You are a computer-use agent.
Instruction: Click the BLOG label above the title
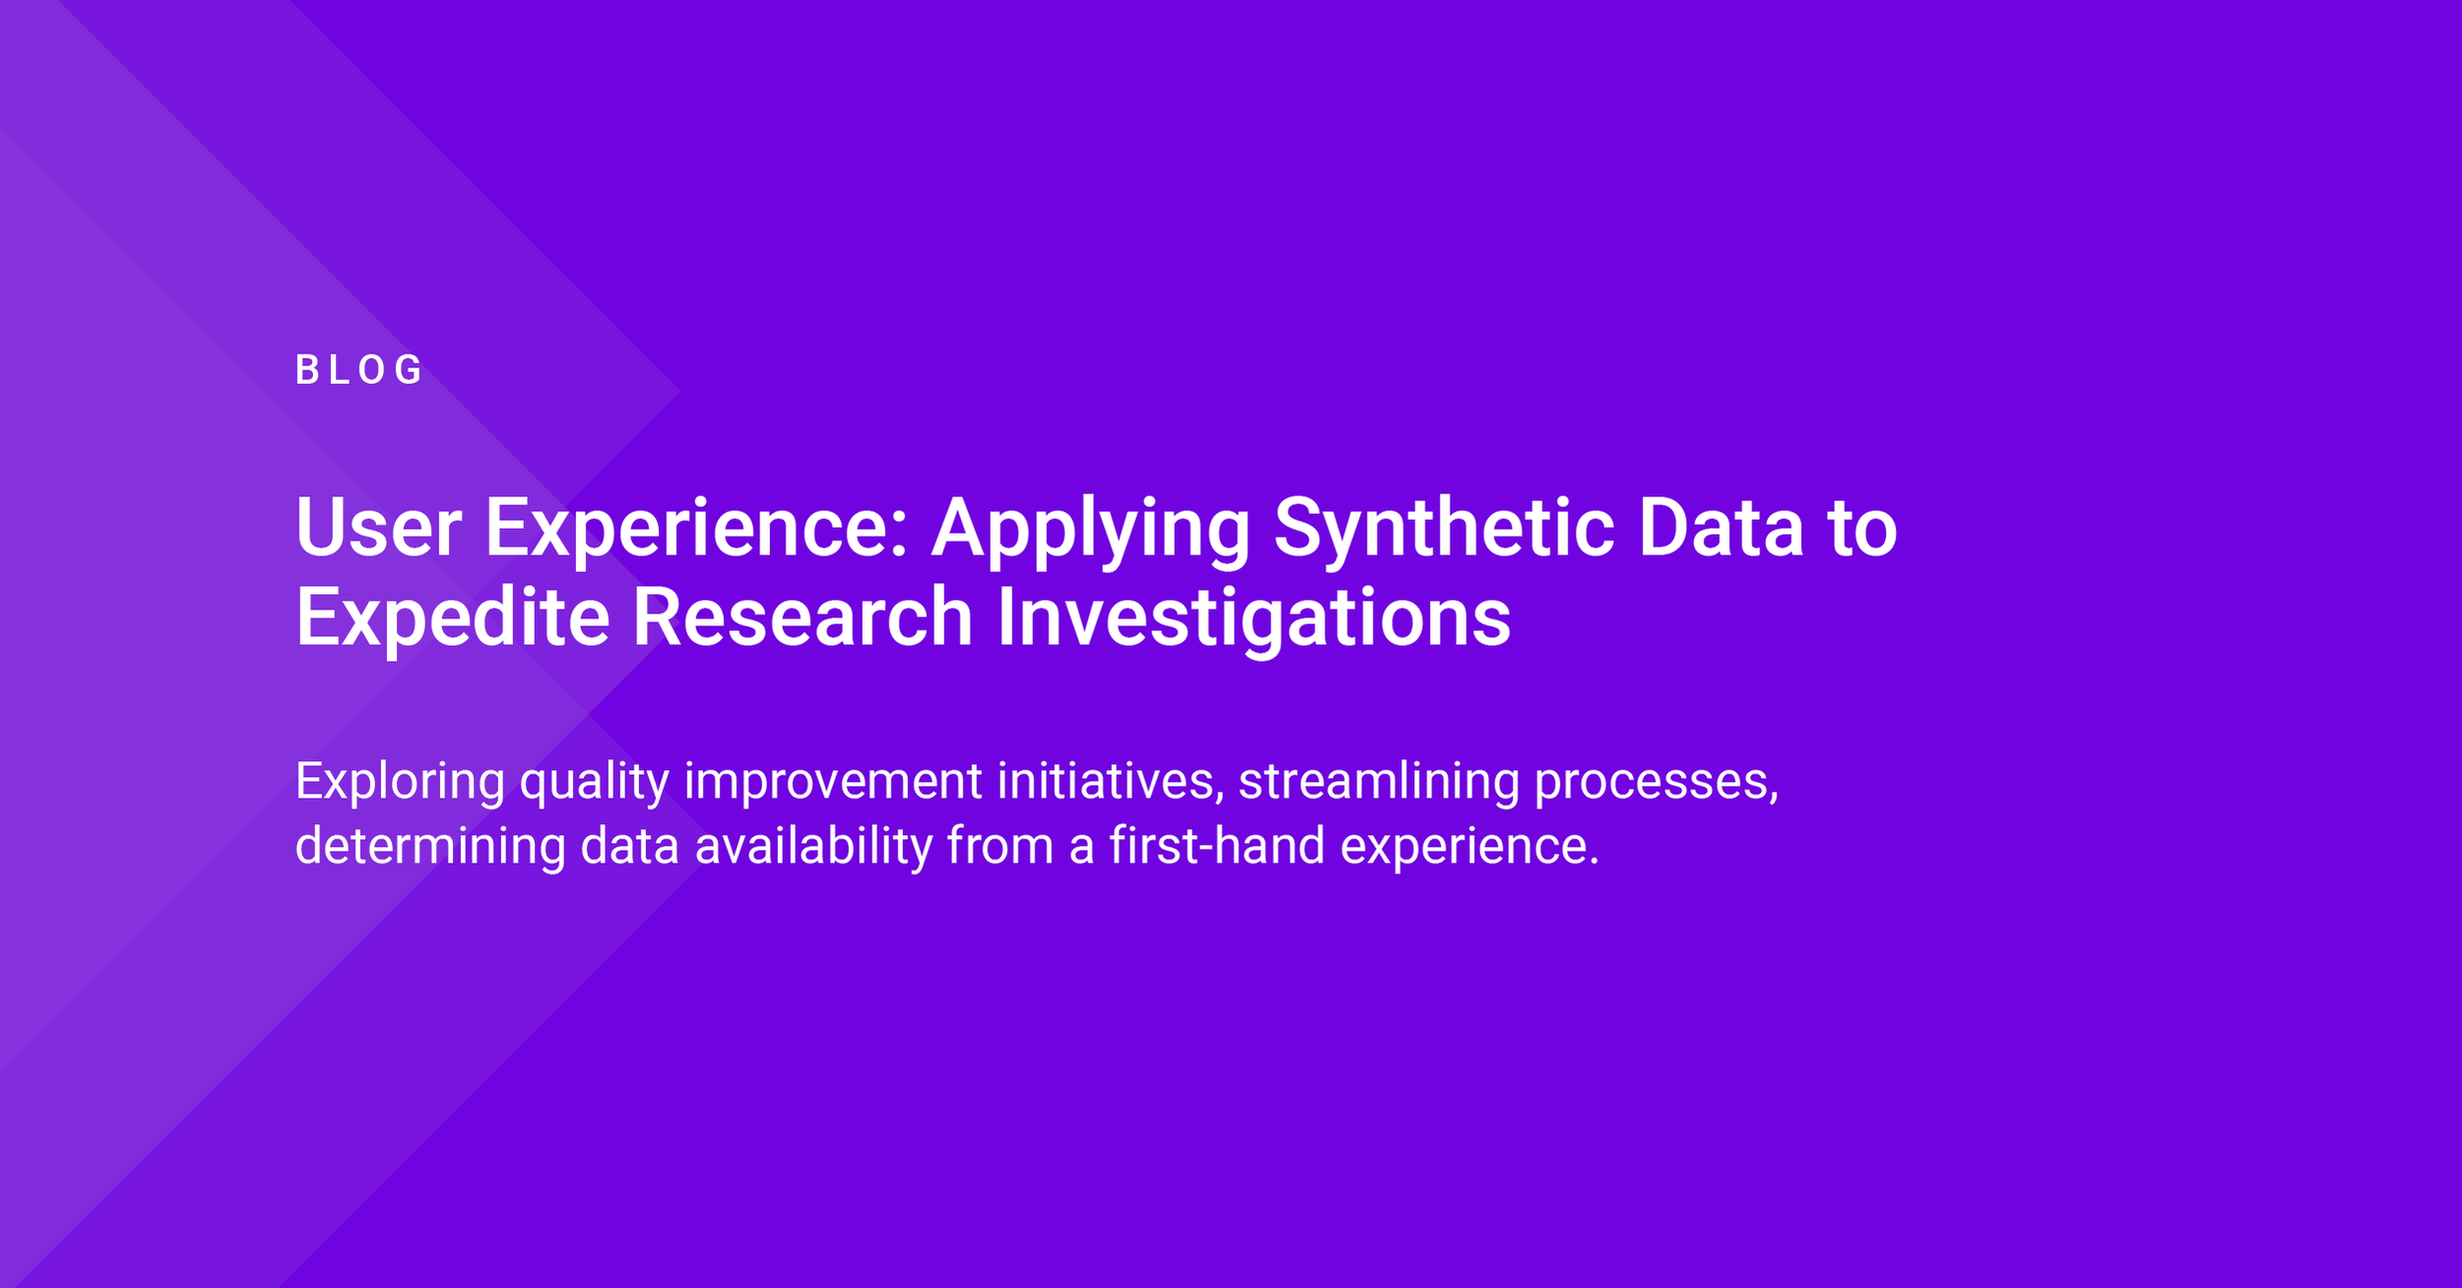tap(358, 370)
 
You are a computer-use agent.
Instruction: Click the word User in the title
tap(378, 529)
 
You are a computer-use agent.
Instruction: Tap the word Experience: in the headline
tap(696, 529)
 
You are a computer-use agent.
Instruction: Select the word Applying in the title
tap(1090, 529)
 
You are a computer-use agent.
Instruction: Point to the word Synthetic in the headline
tap(1444, 529)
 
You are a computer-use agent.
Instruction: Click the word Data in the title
tap(1720, 529)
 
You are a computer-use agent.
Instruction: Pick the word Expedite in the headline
tap(452, 617)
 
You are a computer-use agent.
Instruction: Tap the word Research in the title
tap(803, 617)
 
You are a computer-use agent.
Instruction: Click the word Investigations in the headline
tap(1254, 617)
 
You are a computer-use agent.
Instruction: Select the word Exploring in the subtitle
tap(400, 781)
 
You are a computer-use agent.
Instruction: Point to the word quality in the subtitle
tap(594, 781)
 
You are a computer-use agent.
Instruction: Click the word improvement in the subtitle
tap(833, 781)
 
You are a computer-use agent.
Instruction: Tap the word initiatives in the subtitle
tap(1110, 781)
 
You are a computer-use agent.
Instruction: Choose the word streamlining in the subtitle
tap(1379, 781)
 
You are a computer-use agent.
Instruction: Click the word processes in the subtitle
tap(1655, 781)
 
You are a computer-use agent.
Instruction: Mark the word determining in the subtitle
tap(430, 846)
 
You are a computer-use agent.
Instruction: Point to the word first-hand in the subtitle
tap(1216, 846)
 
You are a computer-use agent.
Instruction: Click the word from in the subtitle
tap(1001, 846)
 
